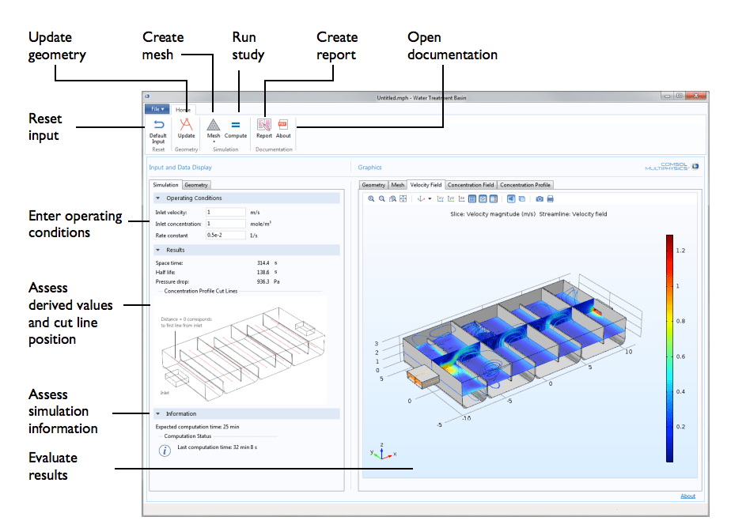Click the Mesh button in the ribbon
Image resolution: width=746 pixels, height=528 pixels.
(x=214, y=128)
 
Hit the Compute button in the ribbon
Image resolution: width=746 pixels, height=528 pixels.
(x=236, y=128)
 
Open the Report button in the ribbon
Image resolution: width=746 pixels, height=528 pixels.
(x=264, y=128)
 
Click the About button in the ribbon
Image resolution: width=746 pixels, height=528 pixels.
(x=283, y=128)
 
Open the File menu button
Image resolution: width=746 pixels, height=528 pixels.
(x=157, y=109)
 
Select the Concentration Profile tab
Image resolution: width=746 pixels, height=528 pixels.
(x=525, y=185)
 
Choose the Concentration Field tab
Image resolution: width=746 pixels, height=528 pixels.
(x=471, y=185)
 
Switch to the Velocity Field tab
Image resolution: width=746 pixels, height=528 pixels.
(x=426, y=185)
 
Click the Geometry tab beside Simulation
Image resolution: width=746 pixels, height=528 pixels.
(x=196, y=185)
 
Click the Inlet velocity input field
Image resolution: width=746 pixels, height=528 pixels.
(x=225, y=212)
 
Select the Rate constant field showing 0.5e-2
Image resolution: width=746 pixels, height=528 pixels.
(x=225, y=235)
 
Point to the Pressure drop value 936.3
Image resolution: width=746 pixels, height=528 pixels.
(x=263, y=281)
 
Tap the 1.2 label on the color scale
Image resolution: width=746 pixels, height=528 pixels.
(x=680, y=250)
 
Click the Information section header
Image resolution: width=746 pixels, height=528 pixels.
(x=181, y=413)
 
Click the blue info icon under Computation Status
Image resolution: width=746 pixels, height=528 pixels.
(x=165, y=451)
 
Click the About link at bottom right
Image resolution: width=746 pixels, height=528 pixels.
(x=688, y=496)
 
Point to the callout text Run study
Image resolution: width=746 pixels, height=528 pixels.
(x=248, y=46)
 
